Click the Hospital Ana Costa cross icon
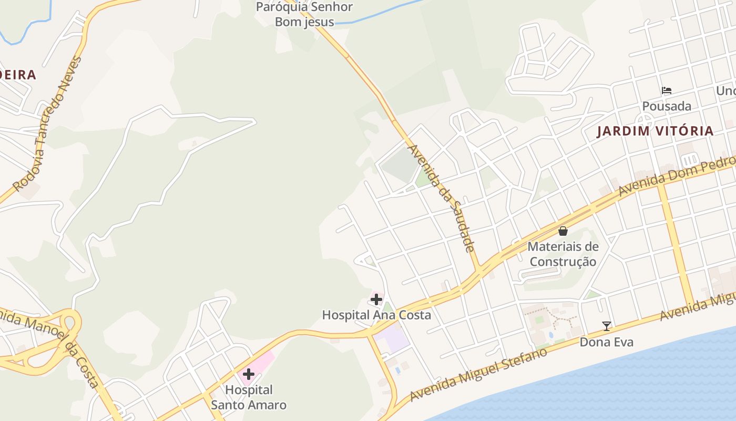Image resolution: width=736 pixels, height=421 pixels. (x=376, y=300)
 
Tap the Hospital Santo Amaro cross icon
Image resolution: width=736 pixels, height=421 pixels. (x=249, y=374)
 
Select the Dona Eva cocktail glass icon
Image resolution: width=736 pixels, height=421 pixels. (x=607, y=326)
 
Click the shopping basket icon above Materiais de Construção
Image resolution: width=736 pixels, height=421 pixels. (x=563, y=230)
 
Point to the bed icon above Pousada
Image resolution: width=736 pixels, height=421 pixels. (x=667, y=91)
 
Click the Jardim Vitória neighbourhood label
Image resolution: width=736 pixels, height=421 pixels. (x=655, y=131)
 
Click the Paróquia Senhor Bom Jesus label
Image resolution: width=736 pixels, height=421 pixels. (x=304, y=14)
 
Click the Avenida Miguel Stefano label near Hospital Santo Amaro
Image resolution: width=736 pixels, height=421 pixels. (x=478, y=374)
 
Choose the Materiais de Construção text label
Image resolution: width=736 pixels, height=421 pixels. (x=563, y=254)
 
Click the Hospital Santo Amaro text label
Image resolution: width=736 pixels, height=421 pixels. (x=249, y=397)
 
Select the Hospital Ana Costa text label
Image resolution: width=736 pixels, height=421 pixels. (x=376, y=315)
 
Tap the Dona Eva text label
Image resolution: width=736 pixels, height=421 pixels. (x=607, y=342)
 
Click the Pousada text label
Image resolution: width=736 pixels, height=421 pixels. (x=667, y=106)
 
